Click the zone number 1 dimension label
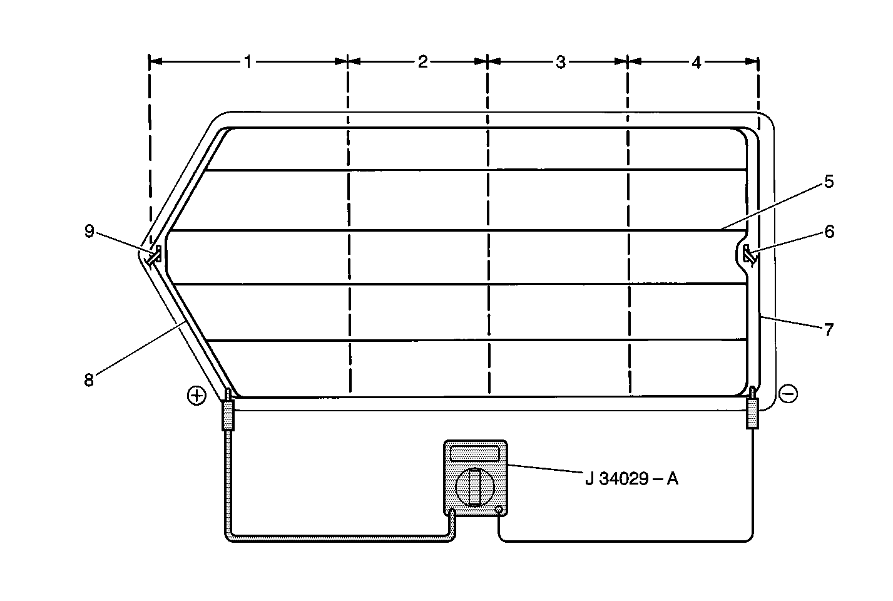pyautogui.click(x=248, y=62)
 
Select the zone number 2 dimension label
pyautogui.click(x=423, y=62)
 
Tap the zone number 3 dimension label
pyautogui.click(x=561, y=62)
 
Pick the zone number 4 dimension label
pyautogui.click(x=696, y=62)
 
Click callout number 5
pyautogui.click(x=829, y=182)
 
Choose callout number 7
pyautogui.click(x=829, y=330)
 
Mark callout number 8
pyautogui.click(x=89, y=380)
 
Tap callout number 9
pyautogui.click(x=89, y=231)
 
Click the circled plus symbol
pyautogui.click(x=196, y=396)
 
